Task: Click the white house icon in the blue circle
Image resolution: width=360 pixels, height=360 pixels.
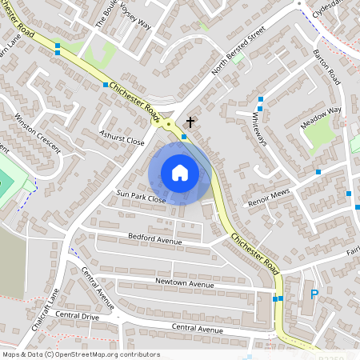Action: tap(180, 173)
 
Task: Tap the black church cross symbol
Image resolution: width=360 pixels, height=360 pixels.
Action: tap(190, 122)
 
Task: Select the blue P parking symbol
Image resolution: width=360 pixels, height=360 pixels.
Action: tap(314, 294)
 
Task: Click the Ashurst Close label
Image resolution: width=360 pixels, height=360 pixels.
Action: tap(121, 137)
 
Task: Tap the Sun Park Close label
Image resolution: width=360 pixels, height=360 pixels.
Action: tap(141, 197)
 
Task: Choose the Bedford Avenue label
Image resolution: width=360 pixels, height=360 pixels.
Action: tap(155, 239)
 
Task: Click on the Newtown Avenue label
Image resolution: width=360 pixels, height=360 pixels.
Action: tap(185, 284)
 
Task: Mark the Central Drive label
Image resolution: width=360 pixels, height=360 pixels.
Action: tap(78, 315)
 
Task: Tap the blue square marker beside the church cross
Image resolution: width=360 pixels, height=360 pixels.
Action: tap(184, 137)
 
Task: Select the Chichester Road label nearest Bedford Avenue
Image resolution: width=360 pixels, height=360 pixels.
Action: tap(254, 252)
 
